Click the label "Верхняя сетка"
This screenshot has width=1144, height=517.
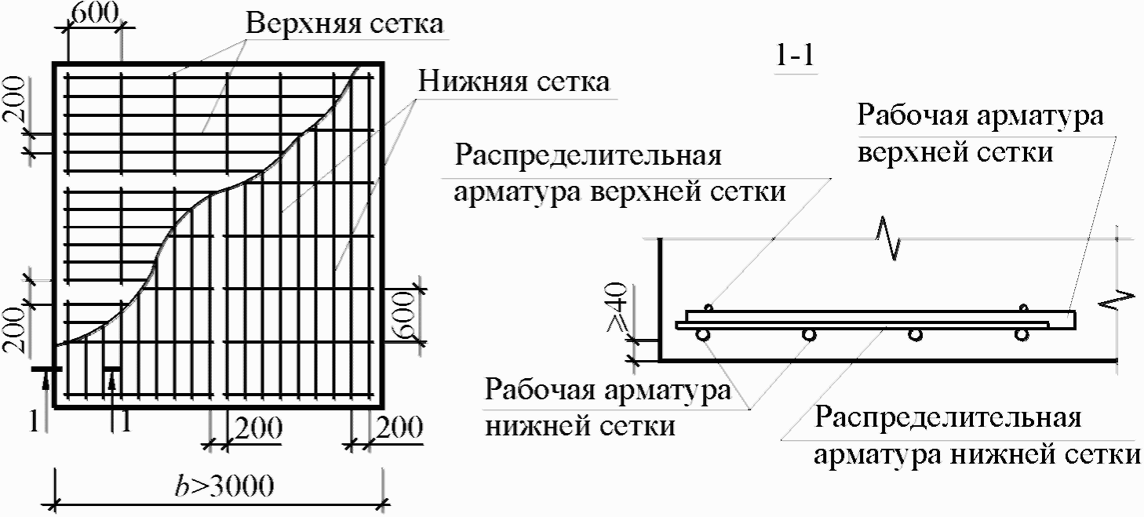pyautogui.click(x=346, y=24)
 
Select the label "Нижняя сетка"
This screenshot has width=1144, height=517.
pyautogui.click(x=514, y=81)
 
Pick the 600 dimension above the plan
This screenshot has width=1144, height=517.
pyautogui.click(x=93, y=13)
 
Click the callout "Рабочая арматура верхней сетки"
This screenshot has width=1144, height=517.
pyautogui.click(x=981, y=133)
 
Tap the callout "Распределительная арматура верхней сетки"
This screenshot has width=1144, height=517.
pyautogui.click(x=620, y=173)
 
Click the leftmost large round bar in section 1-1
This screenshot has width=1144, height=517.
pyautogui.click(x=703, y=335)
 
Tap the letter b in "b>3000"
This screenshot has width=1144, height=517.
pyautogui.click(x=181, y=486)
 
